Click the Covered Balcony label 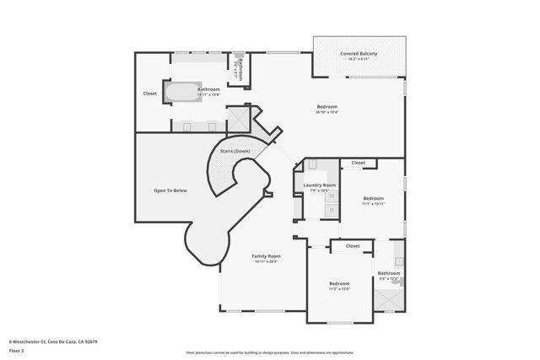(359, 54)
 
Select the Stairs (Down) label (235, 151)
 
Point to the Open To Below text (170, 191)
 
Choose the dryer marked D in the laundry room (332, 209)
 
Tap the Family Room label (267, 255)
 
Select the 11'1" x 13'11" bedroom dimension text (373, 203)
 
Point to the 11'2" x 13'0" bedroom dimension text (339, 288)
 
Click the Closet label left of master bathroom (150, 94)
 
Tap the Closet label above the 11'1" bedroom (359, 163)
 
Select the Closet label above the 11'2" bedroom (353, 246)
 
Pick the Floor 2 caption (17, 350)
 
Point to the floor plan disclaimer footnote (270, 352)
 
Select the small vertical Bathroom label (239, 68)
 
